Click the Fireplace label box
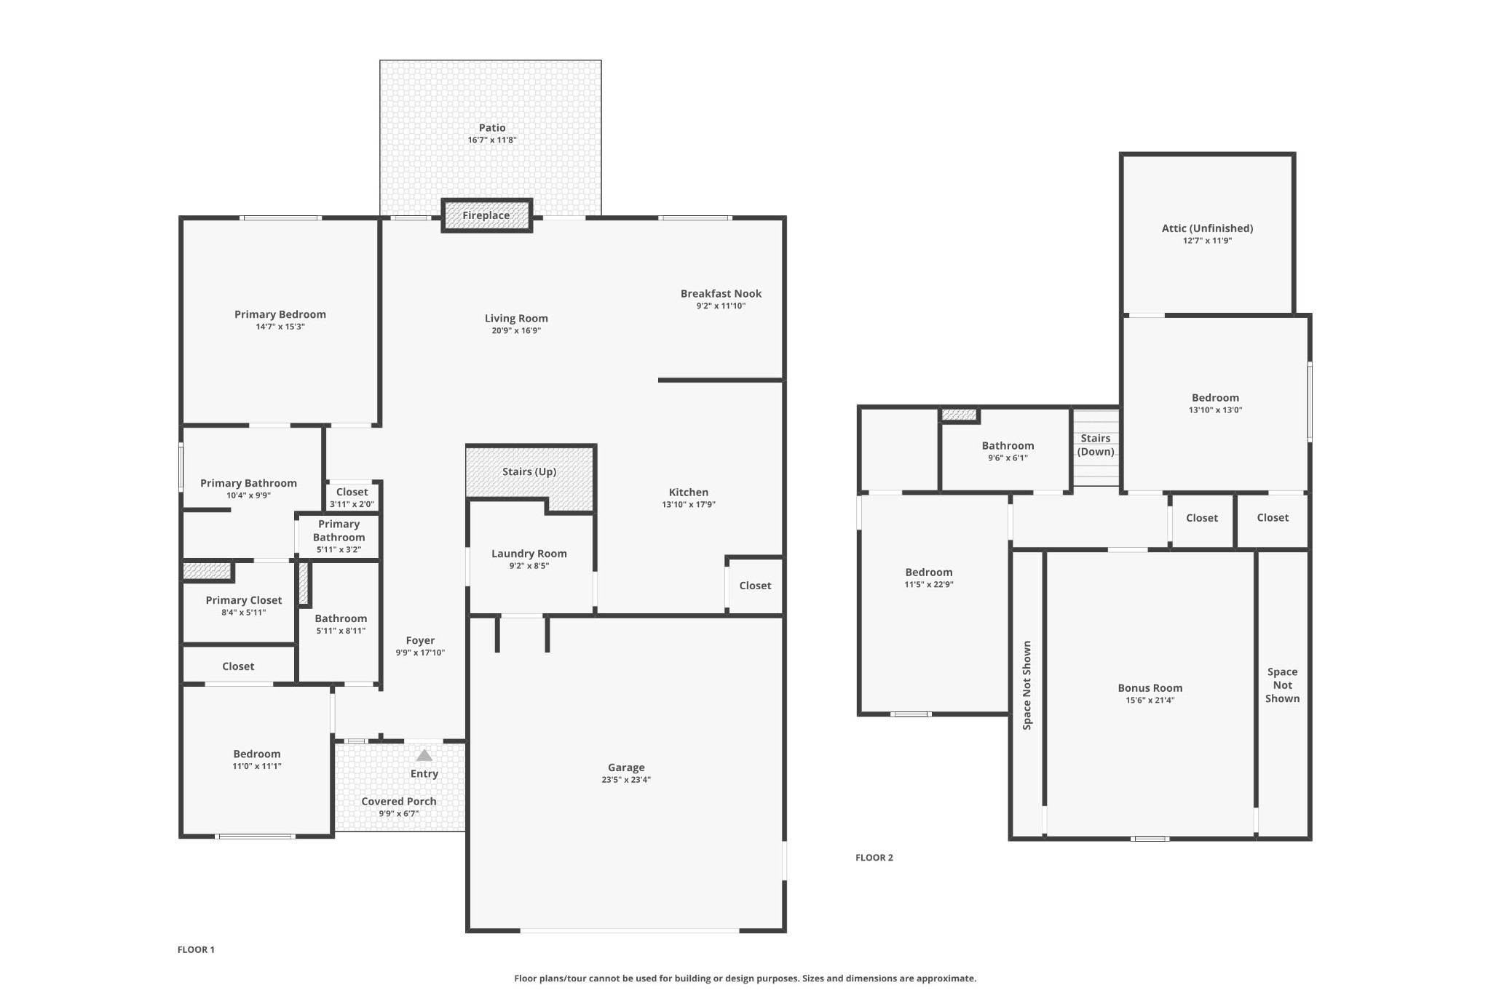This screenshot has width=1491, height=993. [486, 215]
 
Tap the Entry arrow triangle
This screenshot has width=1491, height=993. [424, 755]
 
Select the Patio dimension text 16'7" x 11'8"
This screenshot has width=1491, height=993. [492, 140]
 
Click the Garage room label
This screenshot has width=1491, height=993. [626, 767]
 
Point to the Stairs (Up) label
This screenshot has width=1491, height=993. [529, 471]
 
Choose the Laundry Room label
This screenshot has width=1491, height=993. [529, 554]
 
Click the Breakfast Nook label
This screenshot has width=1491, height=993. [721, 294]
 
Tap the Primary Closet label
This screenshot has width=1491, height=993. [244, 600]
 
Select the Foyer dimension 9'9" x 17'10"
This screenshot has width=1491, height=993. [420, 653]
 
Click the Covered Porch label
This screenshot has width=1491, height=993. [399, 801]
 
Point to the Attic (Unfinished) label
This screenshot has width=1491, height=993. [1207, 228]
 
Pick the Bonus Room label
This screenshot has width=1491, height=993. [1150, 688]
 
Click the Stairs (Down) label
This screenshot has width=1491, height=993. [1096, 445]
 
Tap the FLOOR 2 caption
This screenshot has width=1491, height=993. [874, 858]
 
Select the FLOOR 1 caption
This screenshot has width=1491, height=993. [196, 949]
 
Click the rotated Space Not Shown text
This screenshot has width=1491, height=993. [1027, 685]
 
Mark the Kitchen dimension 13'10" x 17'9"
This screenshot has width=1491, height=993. [689, 504]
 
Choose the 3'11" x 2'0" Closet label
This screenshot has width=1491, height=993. [352, 498]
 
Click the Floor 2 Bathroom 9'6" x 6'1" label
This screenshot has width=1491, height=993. [1008, 451]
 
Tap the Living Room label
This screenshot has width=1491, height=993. [516, 319]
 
